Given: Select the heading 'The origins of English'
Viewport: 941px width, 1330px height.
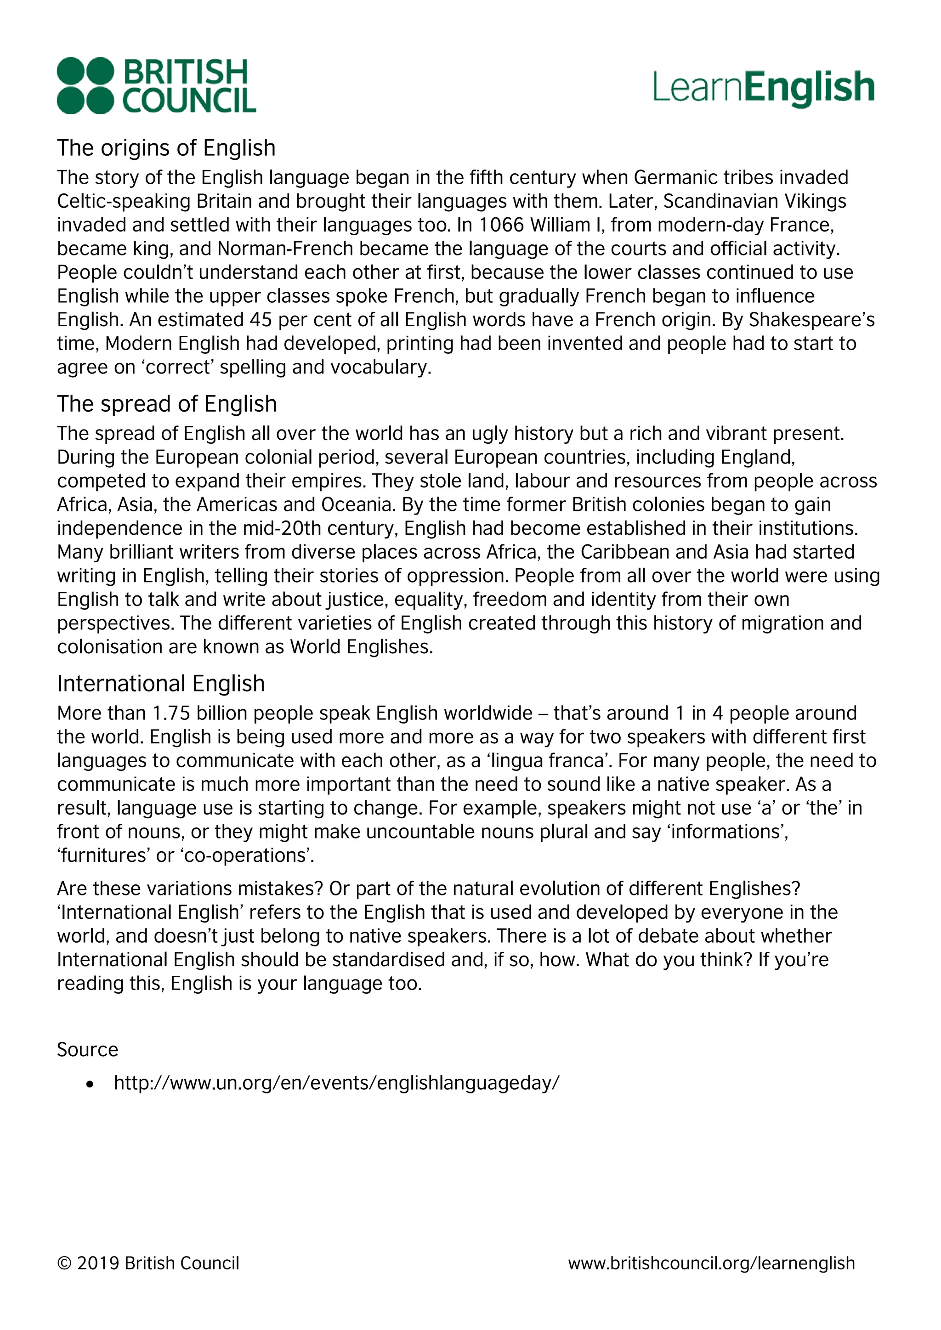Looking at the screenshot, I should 166,148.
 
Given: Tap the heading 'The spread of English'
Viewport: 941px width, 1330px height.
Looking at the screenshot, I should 166,404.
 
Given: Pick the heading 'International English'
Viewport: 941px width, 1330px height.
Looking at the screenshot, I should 160,684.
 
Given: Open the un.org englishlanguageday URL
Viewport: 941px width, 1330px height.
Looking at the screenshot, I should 336,1083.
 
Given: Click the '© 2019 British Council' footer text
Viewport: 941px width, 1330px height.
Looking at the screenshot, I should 148,1263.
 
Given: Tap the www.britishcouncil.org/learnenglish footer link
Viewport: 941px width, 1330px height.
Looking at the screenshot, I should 711,1263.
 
